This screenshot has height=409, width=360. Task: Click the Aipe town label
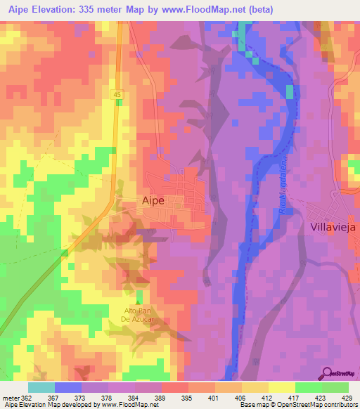[153, 200]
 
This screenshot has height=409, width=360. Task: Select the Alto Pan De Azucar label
[139, 316]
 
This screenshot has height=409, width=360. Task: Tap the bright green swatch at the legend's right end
[335, 387]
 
